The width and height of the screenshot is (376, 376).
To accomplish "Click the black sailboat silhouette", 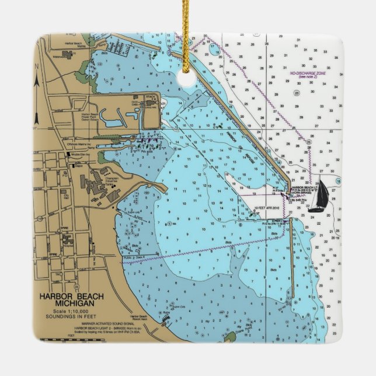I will [318, 197].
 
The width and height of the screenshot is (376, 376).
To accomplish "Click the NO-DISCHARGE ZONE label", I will [308, 74].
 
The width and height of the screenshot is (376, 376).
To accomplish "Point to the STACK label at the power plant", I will [151, 96].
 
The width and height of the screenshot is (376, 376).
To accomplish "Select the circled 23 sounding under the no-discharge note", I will [297, 93].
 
